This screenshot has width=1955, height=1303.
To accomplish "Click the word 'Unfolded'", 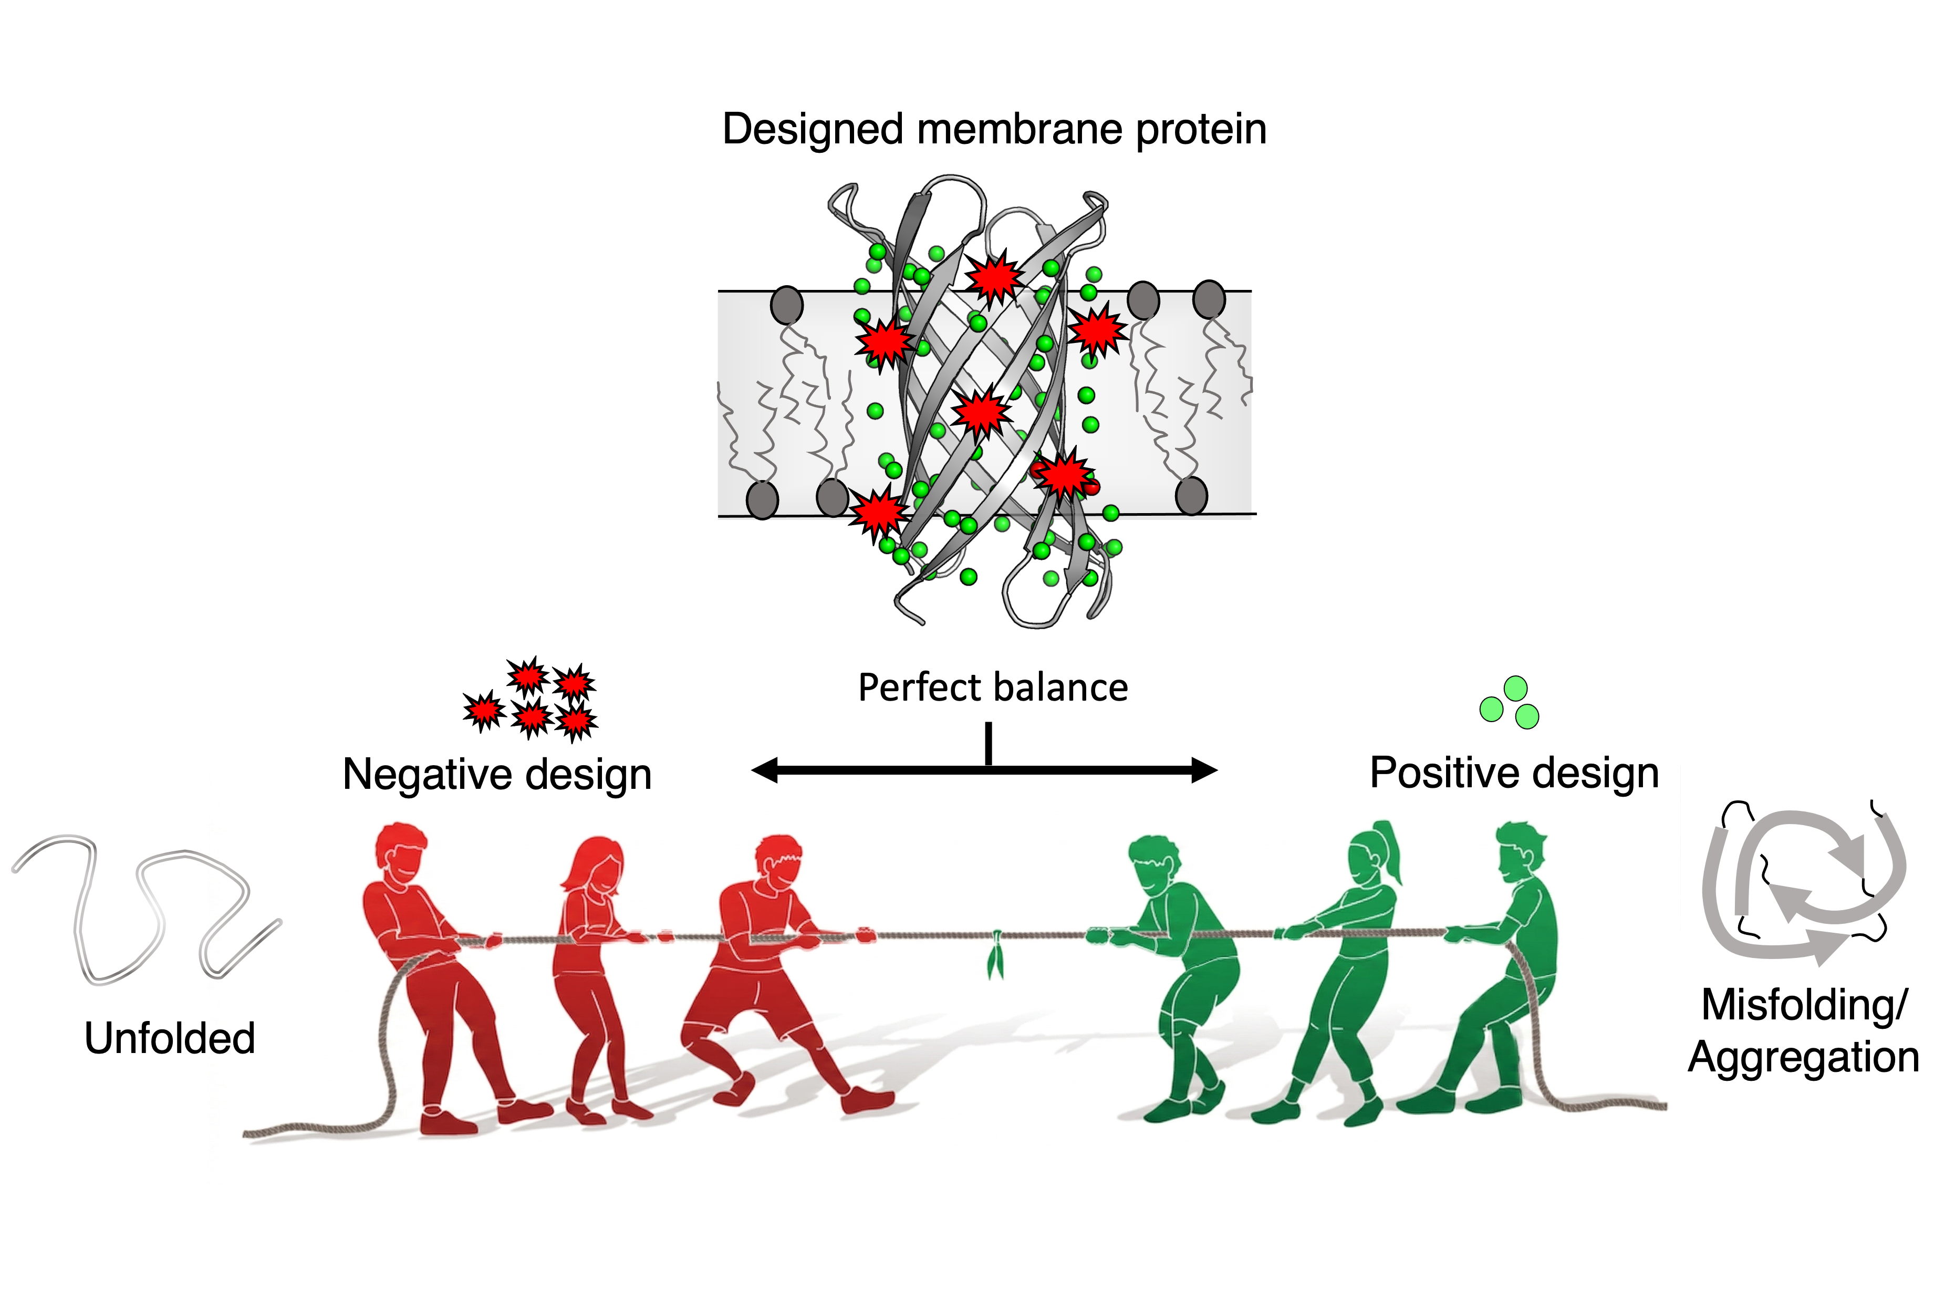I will click(170, 1039).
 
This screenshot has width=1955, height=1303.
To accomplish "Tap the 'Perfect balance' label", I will click(993, 688).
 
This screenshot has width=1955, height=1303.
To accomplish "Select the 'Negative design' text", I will click(497, 775).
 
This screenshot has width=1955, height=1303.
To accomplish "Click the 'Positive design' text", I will click(1514, 773).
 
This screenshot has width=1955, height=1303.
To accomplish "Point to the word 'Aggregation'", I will click(1803, 1058).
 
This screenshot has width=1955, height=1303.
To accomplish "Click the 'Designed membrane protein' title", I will click(994, 130).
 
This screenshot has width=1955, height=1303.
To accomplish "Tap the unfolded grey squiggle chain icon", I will click(145, 910).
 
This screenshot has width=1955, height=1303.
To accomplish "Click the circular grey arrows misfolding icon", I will click(1803, 885).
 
